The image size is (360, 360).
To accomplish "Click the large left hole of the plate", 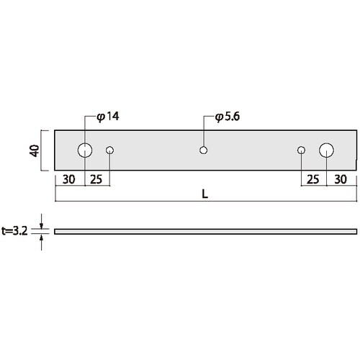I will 85,150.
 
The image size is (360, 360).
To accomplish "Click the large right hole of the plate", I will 326,150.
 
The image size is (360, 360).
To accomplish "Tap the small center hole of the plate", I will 204,150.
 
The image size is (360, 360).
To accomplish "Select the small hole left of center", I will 110,150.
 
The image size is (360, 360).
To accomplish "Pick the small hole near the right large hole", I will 302,150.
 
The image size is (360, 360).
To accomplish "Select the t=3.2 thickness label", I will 16,231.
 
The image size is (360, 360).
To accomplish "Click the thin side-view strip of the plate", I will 205,231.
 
